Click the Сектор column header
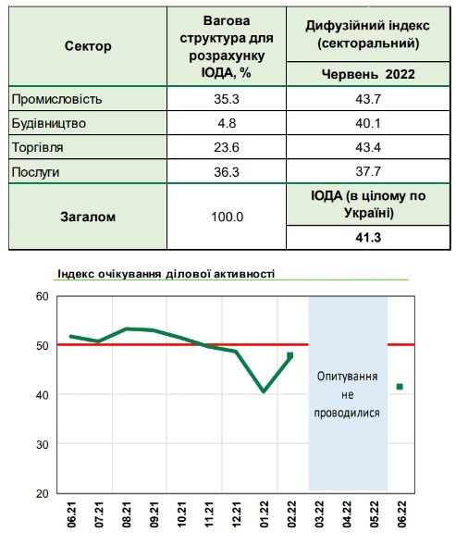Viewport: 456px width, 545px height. pyautogui.click(x=88, y=46)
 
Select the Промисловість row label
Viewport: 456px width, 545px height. pyautogui.click(x=57, y=99)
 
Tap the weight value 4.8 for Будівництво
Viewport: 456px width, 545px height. pyautogui.click(x=227, y=123)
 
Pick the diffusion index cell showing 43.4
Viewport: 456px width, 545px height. pyautogui.click(x=368, y=147)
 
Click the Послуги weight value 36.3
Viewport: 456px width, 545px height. pyautogui.click(x=227, y=172)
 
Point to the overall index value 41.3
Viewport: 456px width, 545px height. pyautogui.click(x=368, y=238)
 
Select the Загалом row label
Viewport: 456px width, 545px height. pyautogui.click(x=88, y=217)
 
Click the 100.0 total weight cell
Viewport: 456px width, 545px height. pyautogui.click(x=228, y=217)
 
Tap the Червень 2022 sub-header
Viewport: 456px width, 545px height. pyautogui.click(x=368, y=74)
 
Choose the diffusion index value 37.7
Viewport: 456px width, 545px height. pyautogui.click(x=368, y=172)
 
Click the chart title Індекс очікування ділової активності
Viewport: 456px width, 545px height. pyautogui.click(x=166, y=274)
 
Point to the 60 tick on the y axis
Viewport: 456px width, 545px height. pyautogui.click(x=42, y=296)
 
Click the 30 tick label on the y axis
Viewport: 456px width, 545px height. pyautogui.click(x=42, y=444)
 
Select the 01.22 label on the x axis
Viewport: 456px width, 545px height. pyautogui.click(x=265, y=514)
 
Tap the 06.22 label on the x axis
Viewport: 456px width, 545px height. pyautogui.click(x=402, y=514)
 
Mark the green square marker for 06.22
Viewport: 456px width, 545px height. pyautogui.click(x=400, y=387)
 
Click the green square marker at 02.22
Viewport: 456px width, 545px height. pyautogui.click(x=290, y=355)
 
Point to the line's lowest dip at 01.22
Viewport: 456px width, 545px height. pyautogui.click(x=264, y=391)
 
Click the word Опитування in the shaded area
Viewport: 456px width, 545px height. pyautogui.click(x=347, y=377)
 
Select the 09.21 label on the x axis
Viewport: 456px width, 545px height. pyautogui.click(x=154, y=514)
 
